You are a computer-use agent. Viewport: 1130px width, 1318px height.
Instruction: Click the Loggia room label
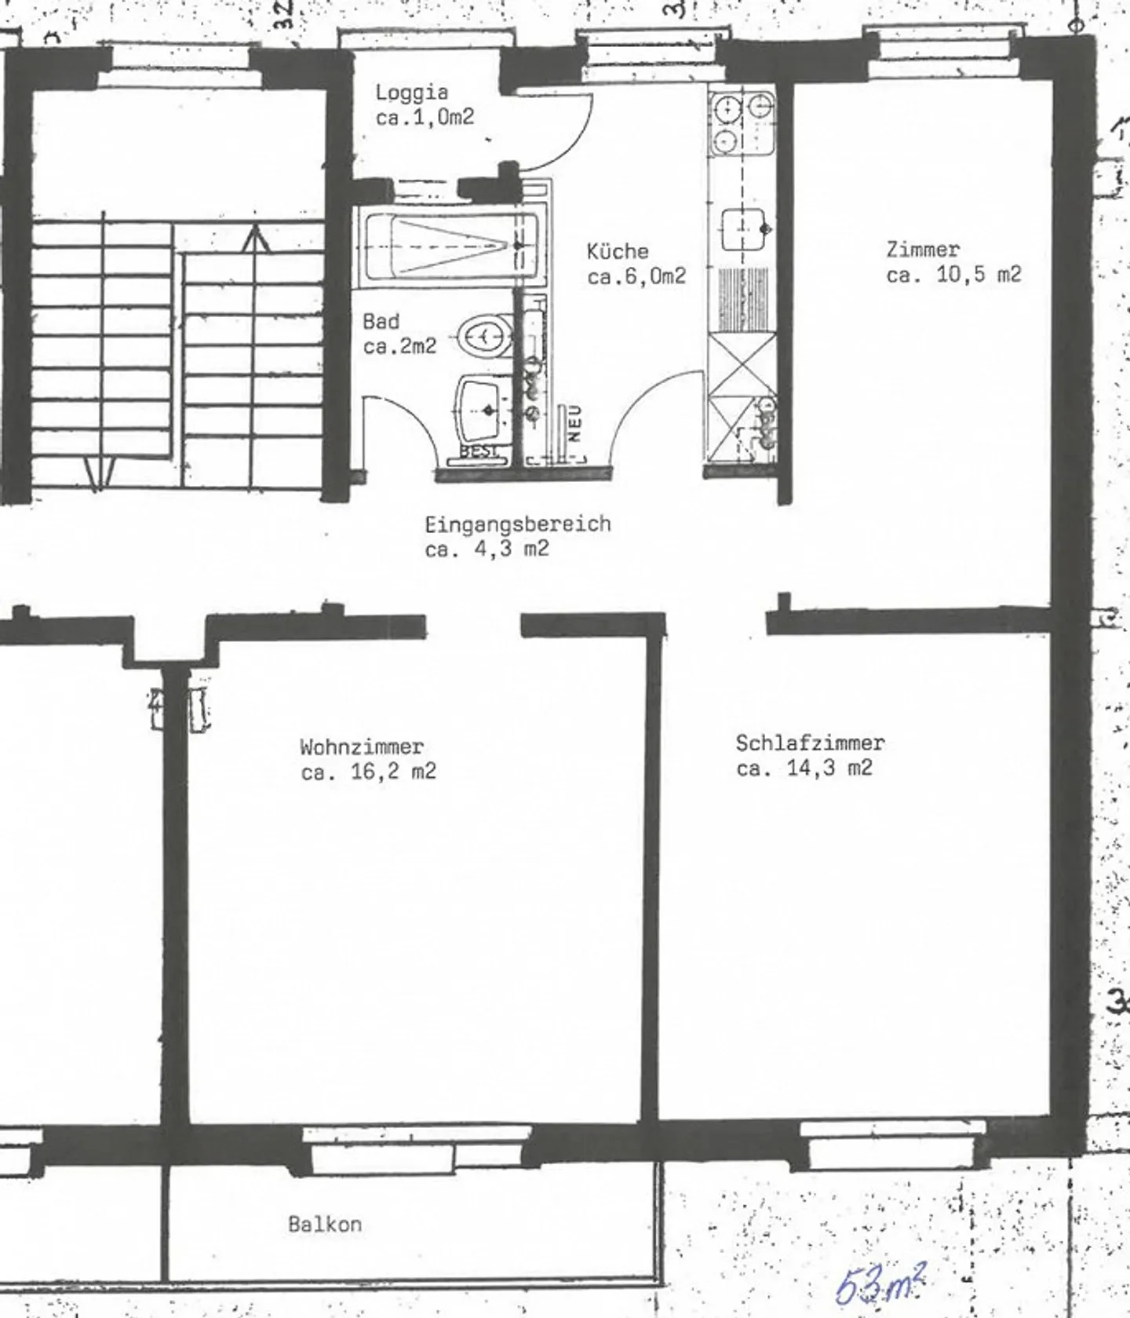coord(412,93)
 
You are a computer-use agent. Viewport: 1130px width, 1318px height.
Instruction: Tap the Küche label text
coord(618,251)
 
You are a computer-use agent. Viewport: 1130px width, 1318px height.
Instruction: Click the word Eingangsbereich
coord(517,524)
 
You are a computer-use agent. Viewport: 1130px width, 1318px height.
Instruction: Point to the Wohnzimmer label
coord(362,746)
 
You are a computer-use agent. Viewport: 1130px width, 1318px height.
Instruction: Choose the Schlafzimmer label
coord(810,743)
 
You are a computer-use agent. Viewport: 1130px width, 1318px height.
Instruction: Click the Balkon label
coord(325,1224)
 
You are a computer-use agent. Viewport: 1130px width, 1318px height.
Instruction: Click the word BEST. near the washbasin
coord(478,452)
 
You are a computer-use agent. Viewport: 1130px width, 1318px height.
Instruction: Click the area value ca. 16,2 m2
coord(368,772)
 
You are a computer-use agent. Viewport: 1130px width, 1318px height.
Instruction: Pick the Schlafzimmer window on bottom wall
coord(891,1147)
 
